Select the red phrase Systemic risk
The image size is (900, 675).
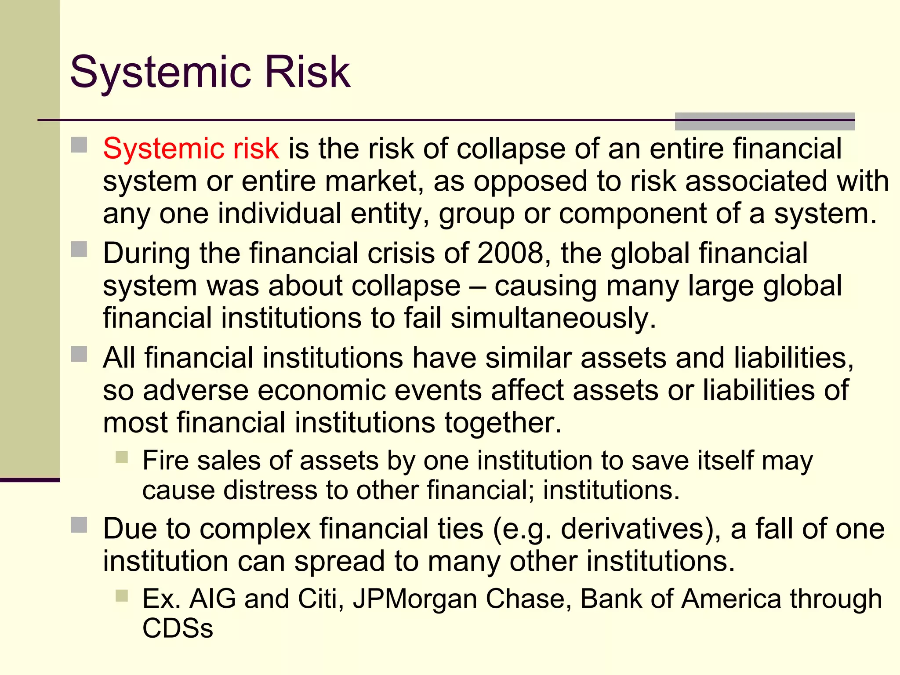(191, 149)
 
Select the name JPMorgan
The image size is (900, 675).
(415, 599)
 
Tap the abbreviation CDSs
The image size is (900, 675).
(178, 628)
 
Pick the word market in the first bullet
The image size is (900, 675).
(371, 181)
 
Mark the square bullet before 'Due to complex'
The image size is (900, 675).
(79, 525)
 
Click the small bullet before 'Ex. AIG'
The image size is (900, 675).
(122, 596)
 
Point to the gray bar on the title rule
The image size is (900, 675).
(764, 121)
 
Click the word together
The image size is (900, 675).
(502, 423)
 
